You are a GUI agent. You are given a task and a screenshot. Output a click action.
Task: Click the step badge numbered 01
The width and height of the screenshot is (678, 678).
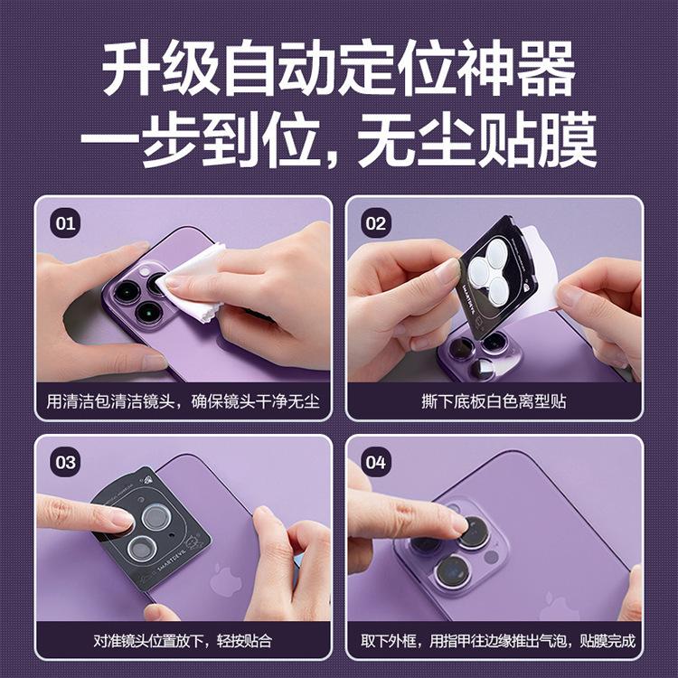click(65, 223)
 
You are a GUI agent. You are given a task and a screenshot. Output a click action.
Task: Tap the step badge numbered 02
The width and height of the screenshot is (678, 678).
click(375, 223)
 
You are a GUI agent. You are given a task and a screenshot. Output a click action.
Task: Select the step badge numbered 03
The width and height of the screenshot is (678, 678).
click(65, 462)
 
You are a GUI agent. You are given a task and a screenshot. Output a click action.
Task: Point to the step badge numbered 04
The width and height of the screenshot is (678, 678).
click(375, 462)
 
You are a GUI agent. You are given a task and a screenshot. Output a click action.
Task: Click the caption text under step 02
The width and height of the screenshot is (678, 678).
click(494, 401)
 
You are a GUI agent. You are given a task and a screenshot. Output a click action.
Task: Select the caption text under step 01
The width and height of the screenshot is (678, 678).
click(183, 401)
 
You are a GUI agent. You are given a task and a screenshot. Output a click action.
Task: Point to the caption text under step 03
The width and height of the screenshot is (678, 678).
click(183, 640)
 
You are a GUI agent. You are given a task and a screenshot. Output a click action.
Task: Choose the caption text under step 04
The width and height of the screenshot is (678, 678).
click(498, 640)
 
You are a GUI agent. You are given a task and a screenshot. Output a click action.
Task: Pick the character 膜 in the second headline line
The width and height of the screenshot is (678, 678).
click(568, 139)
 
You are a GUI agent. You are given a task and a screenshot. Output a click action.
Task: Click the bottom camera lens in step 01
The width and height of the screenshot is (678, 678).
click(148, 312)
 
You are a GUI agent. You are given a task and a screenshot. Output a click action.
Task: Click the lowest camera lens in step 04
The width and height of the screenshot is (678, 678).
click(452, 570)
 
